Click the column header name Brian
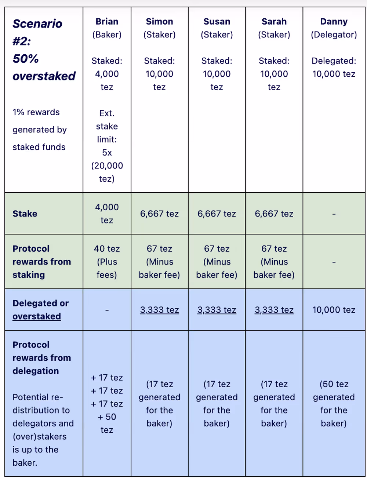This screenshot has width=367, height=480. click(107, 22)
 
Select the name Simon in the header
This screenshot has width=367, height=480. click(159, 22)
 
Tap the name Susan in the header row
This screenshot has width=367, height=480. click(217, 22)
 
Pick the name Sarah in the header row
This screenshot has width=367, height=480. click(274, 22)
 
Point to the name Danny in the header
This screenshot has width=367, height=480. click(334, 22)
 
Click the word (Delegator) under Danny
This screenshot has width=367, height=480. click(334, 35)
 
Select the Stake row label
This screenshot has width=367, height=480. click(25, 214)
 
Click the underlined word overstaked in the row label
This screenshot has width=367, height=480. click(37, 316)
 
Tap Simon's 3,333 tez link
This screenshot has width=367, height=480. click(159, 310)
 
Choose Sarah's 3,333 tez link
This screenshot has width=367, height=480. click(274, 310)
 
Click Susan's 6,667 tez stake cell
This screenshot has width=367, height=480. click(217, 214)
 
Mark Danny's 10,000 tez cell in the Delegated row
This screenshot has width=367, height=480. click(334, 310)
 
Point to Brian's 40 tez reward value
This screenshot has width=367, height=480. click(107, 249)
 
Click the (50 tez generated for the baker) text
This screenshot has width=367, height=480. click(334, 404)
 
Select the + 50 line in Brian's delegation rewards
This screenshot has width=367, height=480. click(107, 417)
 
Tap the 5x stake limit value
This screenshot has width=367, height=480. click(107, 153)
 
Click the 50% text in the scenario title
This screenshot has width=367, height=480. click(26, 59)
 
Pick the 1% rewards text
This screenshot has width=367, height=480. click(36, 112)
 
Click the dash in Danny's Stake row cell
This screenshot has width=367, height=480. click(334, 214)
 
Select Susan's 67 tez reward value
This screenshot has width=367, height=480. click(217, 249)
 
